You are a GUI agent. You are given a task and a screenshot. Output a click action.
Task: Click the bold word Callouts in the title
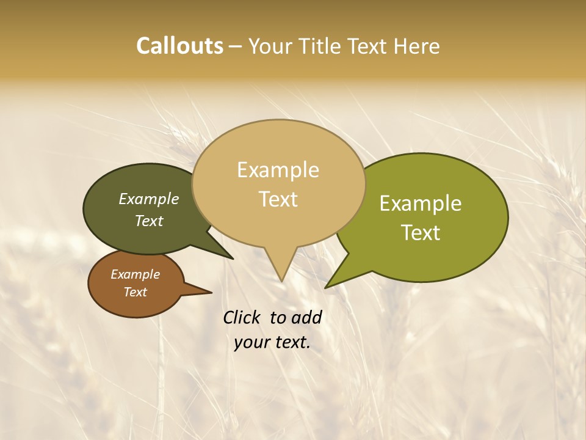[179, 46]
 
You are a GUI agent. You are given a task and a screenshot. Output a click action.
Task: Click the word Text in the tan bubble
[278, 199]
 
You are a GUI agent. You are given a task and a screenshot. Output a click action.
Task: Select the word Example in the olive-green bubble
[421, 204]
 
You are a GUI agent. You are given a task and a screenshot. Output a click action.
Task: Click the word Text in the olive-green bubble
[421, 232]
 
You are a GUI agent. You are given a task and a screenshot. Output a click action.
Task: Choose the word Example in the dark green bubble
[148, 199]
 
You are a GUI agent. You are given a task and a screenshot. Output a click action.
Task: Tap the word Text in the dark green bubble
[148, 221]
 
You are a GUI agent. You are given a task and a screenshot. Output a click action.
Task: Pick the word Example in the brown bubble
[135, 274]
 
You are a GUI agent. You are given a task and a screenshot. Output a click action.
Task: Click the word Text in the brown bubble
[135, 292]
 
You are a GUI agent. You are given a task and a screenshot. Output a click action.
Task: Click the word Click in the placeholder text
[242, 318]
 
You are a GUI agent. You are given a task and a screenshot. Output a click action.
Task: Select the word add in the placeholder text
[306, 318]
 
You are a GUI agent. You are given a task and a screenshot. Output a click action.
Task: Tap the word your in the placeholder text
[250, 343]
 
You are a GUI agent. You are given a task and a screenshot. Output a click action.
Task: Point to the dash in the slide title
[236, 46]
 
